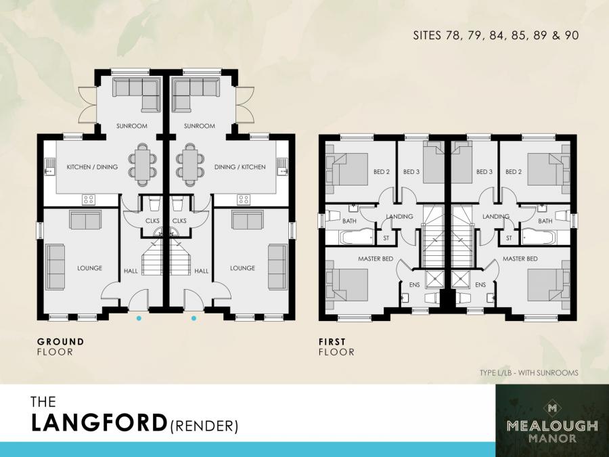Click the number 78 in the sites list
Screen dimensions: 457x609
454,35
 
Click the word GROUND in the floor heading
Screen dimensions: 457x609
60,342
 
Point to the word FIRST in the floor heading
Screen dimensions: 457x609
332,342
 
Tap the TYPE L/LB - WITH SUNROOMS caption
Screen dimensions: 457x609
528,373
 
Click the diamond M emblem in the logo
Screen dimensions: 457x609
552,408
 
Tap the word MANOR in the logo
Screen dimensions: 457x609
552,438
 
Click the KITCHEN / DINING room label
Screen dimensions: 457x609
92,167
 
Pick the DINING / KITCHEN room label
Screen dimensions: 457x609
240,167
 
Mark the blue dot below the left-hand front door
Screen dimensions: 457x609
139,318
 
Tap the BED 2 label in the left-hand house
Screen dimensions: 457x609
382,172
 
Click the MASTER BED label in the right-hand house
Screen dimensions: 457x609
520,259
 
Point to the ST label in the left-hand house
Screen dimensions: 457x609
386,238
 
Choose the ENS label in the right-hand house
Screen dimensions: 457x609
481,285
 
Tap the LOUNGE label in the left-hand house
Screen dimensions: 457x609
89,268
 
